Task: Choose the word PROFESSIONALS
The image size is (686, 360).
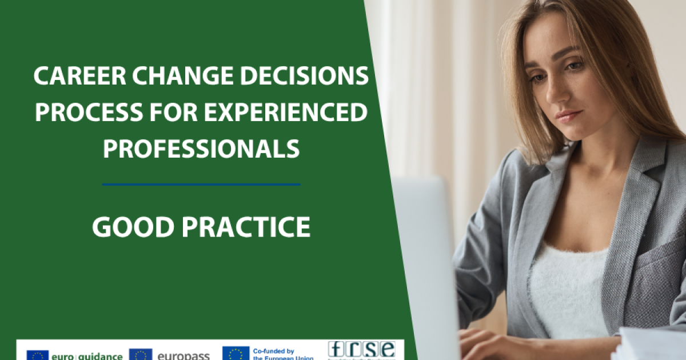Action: click(x=201, y=149)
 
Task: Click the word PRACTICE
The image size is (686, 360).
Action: click(x=246, y=227)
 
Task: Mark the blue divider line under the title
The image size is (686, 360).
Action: click(x=201, y=185)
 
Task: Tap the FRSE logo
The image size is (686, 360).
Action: click(x=361, y=350)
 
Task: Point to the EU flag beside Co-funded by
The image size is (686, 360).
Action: click(x=236, y=354)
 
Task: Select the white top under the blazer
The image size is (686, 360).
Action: click(x=566, y=286)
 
